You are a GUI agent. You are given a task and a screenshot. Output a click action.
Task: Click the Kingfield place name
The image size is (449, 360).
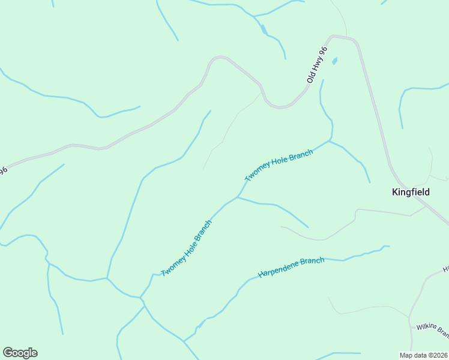click(411, 192)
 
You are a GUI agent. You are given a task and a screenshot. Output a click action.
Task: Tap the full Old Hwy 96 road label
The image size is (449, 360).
click(316, 65)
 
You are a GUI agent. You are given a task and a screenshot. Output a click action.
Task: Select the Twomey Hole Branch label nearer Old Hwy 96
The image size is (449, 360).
click(279, 166)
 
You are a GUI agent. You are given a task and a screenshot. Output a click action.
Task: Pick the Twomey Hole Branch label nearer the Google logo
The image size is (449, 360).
click(187, 248)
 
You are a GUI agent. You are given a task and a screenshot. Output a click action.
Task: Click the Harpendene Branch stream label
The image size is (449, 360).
click(291, 267)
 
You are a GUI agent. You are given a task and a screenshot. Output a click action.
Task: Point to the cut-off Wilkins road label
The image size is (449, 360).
click(432, 330)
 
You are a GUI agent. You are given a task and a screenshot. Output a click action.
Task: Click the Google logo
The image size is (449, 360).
click(20, 353)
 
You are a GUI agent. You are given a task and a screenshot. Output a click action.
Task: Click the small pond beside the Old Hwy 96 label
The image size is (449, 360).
click(334, 61)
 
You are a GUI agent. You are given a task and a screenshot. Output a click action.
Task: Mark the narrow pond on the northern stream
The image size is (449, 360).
click(263, 29)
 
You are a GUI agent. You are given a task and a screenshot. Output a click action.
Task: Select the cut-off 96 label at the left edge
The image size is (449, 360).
click(3, 171)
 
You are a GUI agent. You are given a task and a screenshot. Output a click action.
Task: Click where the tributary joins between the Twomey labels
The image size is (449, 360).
click(238, 197)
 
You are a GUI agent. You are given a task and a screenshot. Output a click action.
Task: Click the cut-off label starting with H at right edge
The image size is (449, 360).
click(445, 269)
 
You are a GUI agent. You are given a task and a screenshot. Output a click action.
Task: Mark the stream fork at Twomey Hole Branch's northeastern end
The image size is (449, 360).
click(329, 141)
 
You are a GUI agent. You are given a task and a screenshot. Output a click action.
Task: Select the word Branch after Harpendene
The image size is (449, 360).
click(311, 263)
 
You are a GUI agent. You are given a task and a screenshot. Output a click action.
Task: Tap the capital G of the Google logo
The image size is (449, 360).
click(8, 353)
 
